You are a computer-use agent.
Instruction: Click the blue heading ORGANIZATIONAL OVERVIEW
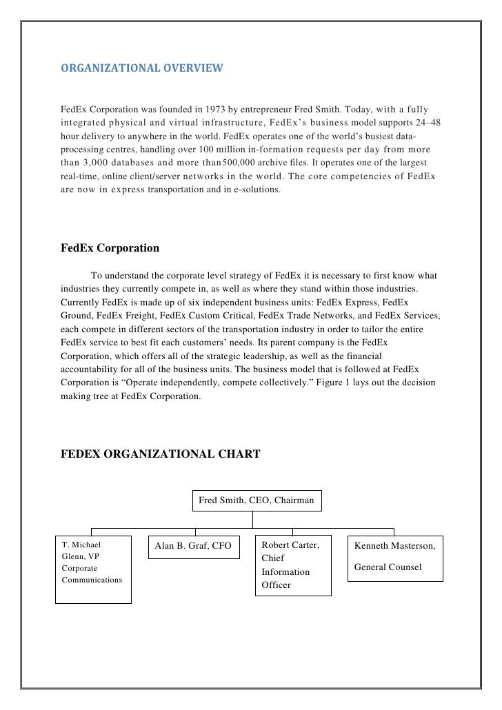[x=141, y=69]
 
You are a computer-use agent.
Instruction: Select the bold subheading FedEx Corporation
[x=110, y=247]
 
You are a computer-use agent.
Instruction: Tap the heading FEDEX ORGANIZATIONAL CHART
[x=161, y=454]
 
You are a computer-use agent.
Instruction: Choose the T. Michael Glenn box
[x=93, y=569]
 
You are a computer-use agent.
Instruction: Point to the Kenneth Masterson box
[x=395, y=556]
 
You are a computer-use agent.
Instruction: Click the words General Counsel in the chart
[x=388, y=567]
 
